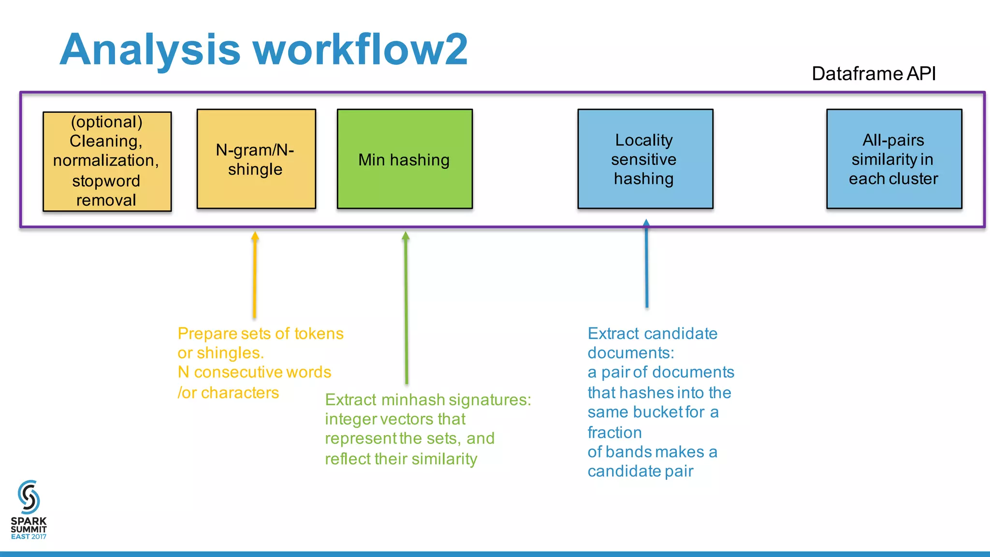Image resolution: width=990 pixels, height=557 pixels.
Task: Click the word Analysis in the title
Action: click(150, 50)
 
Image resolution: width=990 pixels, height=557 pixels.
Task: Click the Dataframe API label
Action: click(874, 73)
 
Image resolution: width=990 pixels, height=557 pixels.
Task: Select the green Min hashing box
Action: click(405, 159)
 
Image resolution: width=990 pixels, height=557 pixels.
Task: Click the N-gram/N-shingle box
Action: click(256, 159)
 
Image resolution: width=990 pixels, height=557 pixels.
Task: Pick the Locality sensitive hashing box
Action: click(645, 159)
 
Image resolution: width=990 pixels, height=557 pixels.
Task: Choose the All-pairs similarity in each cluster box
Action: click(894, 159)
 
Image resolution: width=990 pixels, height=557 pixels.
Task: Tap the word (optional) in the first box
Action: click(107, 122)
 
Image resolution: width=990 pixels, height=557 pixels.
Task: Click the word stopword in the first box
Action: click(106, 181)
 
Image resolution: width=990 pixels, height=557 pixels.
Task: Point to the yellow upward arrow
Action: click(255, 276)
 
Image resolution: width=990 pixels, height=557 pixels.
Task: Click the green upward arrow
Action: click(406, 309)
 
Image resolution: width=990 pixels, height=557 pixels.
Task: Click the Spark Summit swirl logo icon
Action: click(29, 497)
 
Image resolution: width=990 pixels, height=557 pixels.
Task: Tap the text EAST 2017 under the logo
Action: click(29, 537)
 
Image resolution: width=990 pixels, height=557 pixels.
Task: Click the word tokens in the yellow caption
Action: click(319, 334)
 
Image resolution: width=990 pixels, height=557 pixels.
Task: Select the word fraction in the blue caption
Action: click(614, 432)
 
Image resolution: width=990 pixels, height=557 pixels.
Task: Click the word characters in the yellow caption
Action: click(240, 393)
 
